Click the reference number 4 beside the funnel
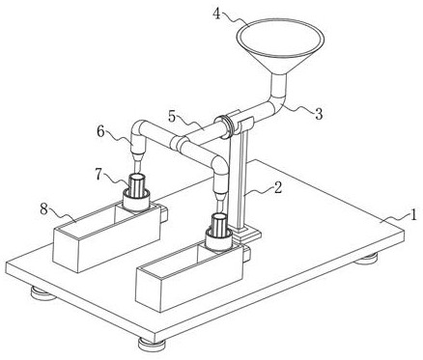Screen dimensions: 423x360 tap(217, 14)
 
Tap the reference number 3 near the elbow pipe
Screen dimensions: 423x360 tap(319, 114)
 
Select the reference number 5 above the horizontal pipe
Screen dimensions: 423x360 tap(172, 117)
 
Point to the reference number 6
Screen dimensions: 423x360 tap(101, 132)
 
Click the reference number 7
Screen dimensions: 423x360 tap(99, 174)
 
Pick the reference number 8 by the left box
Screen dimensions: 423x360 tap(44, 209)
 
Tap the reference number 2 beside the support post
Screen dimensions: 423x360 tap(278, 187)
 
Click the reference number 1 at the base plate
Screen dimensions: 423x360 tap(412, 214)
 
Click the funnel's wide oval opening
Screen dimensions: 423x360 tap(280, 38)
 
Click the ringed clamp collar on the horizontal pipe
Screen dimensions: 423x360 tap(226, 126)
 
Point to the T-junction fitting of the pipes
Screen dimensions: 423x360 tap(180, 143)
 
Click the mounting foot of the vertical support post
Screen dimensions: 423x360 tap(246, 235)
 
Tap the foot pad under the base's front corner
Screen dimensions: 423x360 tap(153, 344)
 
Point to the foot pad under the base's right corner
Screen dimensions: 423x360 tap(366, 258)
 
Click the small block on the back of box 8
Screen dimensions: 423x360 tap(164, 214)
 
